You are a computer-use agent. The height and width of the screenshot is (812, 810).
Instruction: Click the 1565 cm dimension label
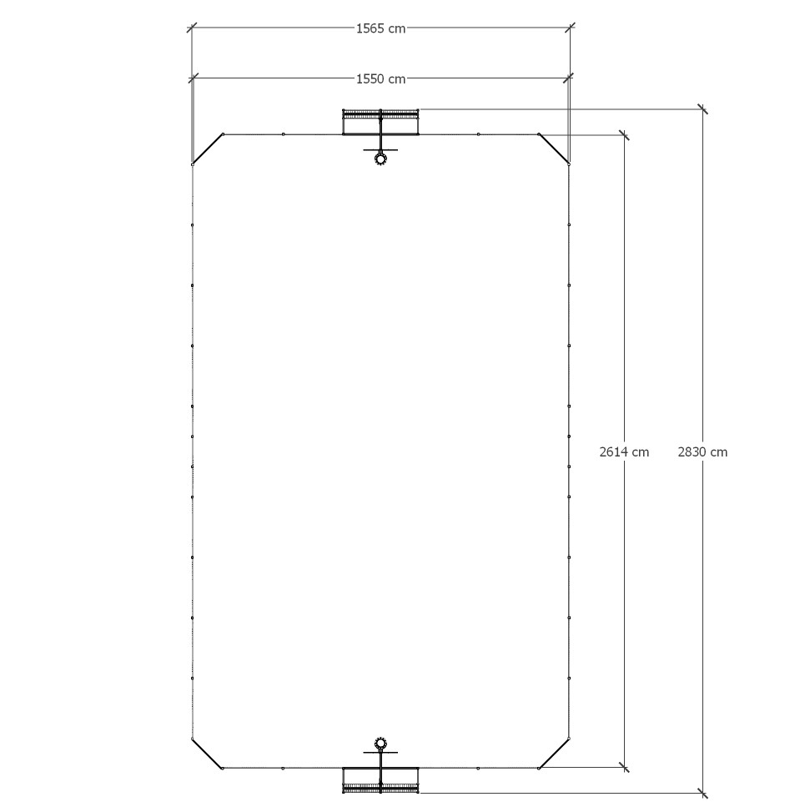(x=380, y=28)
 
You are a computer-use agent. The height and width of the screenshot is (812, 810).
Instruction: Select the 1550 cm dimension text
(x=380, y=78)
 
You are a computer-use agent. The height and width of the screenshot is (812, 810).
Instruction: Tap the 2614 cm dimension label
(x=624, y=452)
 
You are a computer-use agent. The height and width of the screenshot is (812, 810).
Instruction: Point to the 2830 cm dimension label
(x=702, y=452)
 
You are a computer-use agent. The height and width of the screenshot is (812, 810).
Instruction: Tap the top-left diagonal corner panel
(x=208, y=149)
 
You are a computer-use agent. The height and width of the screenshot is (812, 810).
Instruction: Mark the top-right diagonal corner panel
(x=554, y=149)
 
